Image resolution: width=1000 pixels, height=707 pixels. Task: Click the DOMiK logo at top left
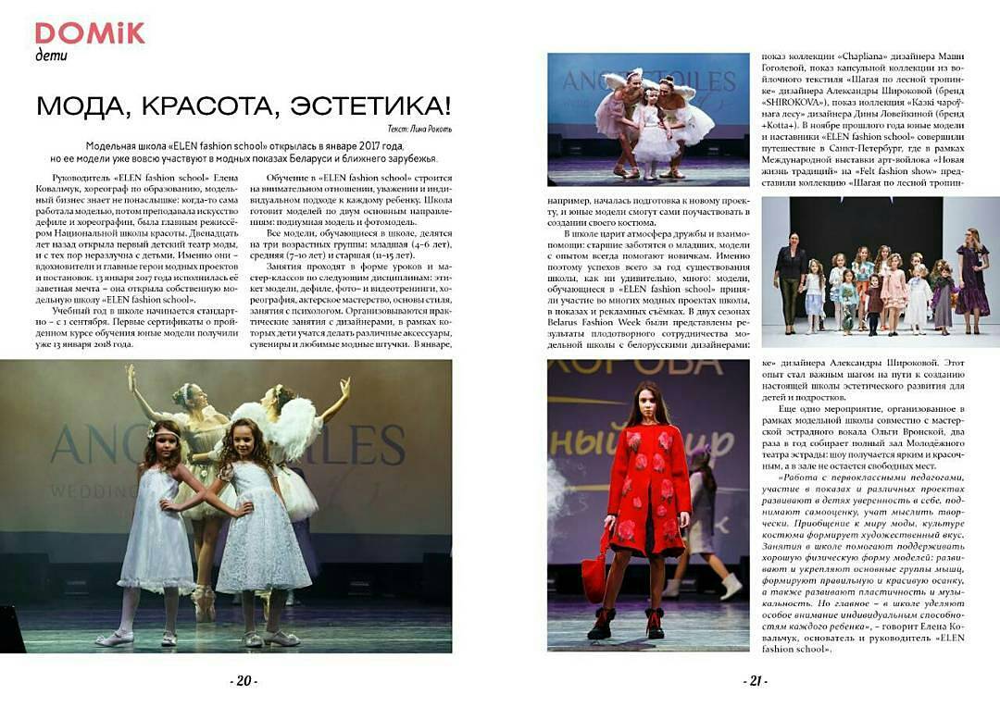click(90, 33)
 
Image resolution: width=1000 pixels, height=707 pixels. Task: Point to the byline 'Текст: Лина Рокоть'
click(415, 129)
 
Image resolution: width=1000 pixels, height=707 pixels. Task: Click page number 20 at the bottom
click(244, 681)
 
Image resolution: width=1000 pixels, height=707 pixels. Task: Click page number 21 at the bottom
click(755, 681)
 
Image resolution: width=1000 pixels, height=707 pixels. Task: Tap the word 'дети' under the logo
click(51, 56)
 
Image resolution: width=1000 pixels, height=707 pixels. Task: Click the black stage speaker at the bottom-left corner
click(11, 629)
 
